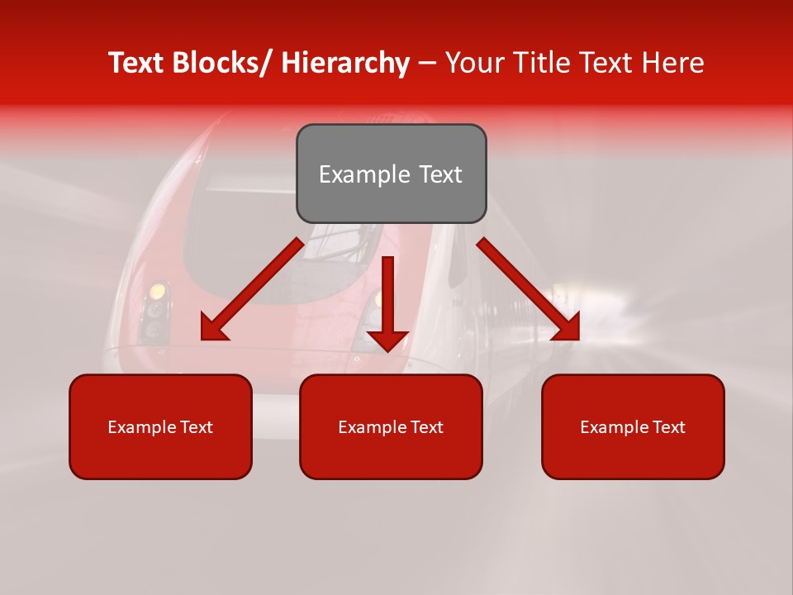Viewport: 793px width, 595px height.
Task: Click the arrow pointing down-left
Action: point(252,289)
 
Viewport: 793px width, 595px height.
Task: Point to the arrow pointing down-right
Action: point(529,289)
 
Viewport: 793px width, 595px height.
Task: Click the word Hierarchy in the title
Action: point(345,63)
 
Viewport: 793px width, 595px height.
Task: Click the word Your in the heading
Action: point(473,63)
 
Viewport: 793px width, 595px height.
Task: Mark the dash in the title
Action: point(427,63)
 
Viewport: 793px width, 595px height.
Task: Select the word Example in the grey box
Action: point(364,174)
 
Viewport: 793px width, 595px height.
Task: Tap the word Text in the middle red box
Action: point(425,427)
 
